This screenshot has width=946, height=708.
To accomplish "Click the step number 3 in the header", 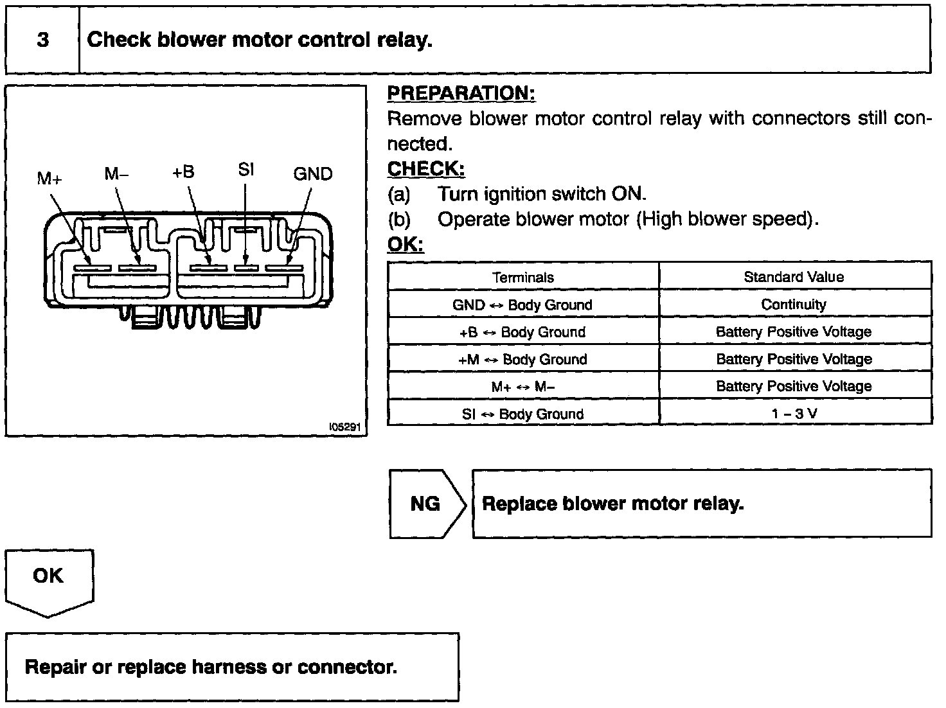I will click(42, 40).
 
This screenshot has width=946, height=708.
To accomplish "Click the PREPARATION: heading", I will click(461, 93).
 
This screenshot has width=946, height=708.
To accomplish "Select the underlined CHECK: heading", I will click(425, 169).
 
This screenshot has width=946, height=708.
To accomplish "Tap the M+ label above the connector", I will click(49, 178).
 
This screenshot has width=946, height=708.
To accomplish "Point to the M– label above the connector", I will click(116, 173).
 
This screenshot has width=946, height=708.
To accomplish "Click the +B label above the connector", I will click(183, 172).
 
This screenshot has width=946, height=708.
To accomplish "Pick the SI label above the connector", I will click(246, 170).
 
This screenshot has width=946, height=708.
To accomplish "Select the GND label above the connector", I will click(312, 173).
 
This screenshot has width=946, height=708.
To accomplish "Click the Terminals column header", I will click(522, 278).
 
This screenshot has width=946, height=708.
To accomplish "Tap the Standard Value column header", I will click(794, 277).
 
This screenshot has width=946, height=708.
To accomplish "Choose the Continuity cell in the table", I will click(794, 305).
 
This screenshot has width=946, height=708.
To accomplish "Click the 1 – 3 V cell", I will click(794, 413).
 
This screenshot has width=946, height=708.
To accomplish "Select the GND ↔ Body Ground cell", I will click(522, 305).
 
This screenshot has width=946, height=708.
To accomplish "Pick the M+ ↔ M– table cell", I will click(522, 386).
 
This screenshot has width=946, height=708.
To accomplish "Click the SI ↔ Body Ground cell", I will click(522, 414).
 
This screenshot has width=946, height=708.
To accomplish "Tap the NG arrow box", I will click(425, 504).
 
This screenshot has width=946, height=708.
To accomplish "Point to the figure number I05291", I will click(345, 427).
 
